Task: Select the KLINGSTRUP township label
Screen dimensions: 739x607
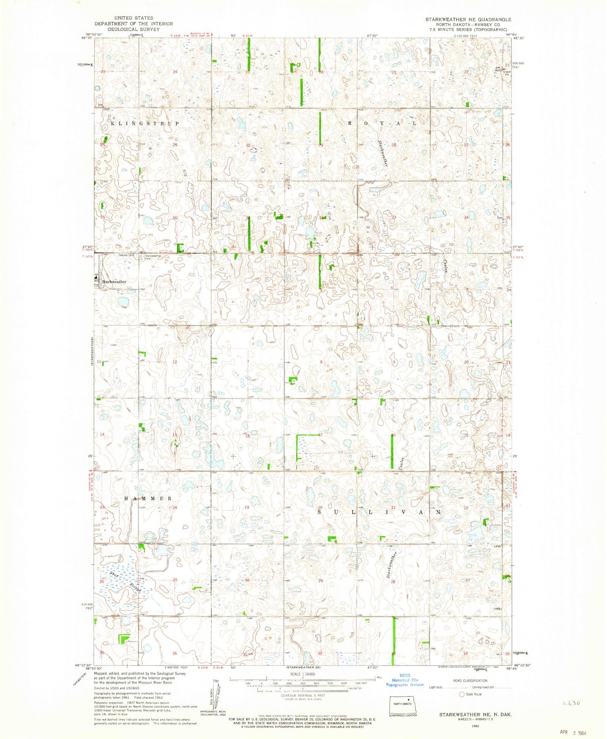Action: point(145,124)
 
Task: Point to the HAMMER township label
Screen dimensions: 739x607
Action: point(148,498)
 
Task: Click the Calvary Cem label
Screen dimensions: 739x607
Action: point(125,255)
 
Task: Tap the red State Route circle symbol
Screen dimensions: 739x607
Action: point(462,694)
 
